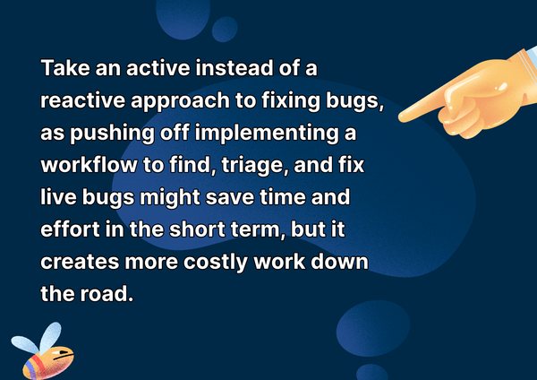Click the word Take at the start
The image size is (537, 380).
coord(65,68)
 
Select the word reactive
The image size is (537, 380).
coord(82,100)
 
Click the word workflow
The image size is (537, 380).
coord(89,165)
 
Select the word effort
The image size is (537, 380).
coord(70,229)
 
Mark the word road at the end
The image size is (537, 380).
coord(107,294)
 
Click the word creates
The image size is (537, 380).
coord(80,262)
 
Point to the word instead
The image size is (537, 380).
coord(234,68)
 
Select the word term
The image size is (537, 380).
coord(259,230)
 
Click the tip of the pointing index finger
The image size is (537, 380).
coord(400,117)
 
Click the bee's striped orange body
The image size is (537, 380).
coord(47,363)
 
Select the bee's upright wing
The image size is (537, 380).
coord(50,337)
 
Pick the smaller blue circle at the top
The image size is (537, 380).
coord(225,30)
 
